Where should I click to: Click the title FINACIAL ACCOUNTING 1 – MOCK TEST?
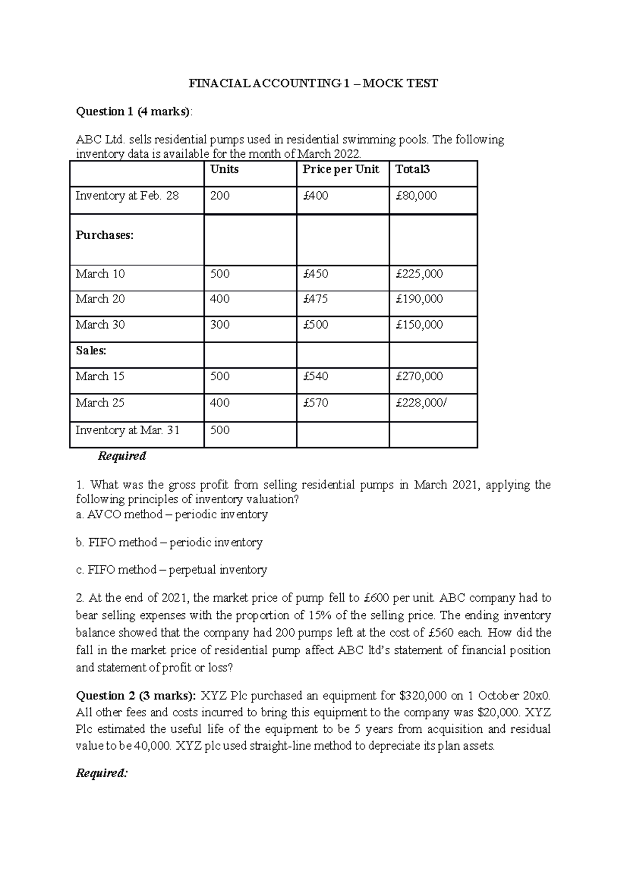313,84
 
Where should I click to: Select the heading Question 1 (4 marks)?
134,111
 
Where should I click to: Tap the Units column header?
224,169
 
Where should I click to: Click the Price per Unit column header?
341,169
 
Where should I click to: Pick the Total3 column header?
413,169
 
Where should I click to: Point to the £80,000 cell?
416,196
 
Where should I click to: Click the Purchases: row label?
104,235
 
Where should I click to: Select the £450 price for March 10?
316,274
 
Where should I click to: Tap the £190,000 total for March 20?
419,299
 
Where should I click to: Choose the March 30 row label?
100,324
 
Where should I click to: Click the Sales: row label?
91,351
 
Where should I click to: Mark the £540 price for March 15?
316,376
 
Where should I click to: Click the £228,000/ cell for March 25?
421,403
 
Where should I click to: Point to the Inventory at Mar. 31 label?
127,430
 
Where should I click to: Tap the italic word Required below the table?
122,456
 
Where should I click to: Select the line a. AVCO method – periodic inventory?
172,515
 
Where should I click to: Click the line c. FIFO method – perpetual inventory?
171,569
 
